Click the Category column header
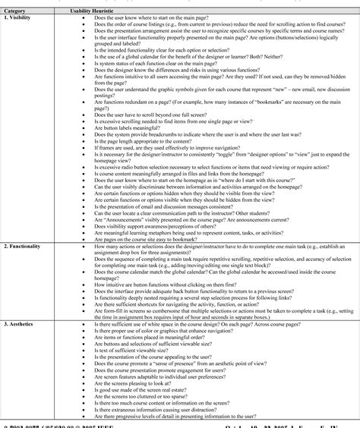(x=16, y=11)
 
